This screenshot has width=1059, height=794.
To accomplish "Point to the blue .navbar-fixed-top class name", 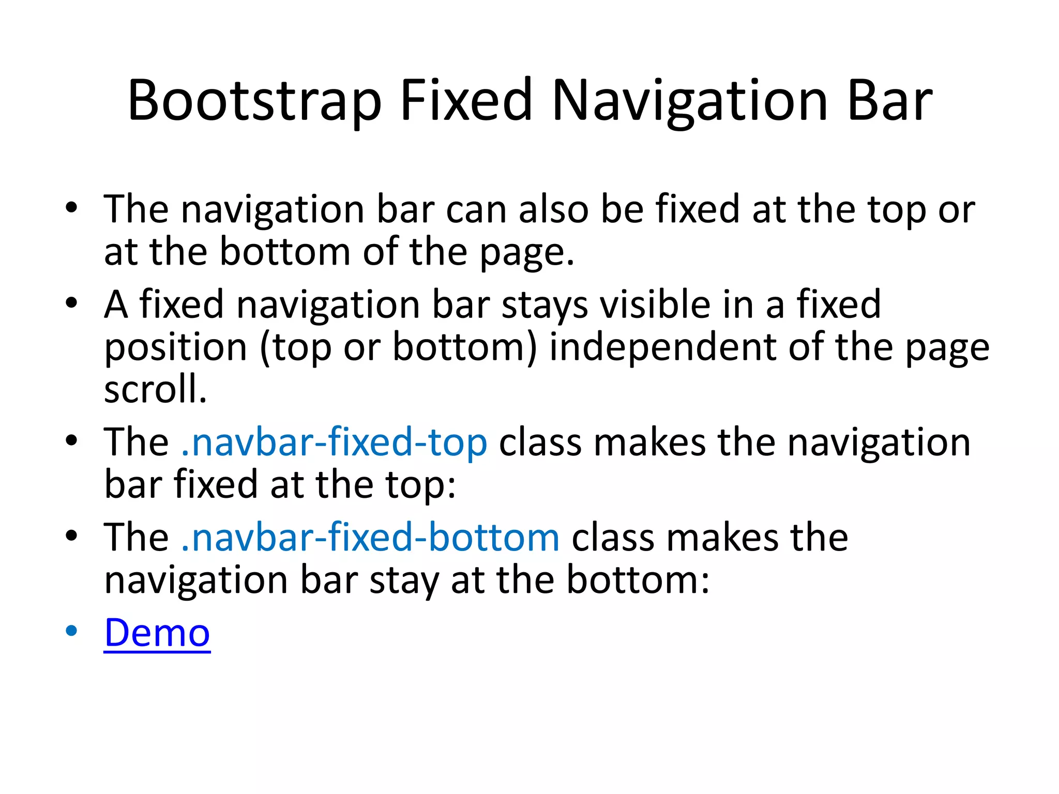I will click(334, 443).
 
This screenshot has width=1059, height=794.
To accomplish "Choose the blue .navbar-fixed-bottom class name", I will click(370, 538).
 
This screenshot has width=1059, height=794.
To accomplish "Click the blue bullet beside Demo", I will click(71, 631).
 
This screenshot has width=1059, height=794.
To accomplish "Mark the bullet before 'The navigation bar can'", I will click(71, 208).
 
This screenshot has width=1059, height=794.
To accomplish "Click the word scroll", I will click(155, 389).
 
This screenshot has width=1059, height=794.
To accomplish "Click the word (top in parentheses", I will click(295, 348).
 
